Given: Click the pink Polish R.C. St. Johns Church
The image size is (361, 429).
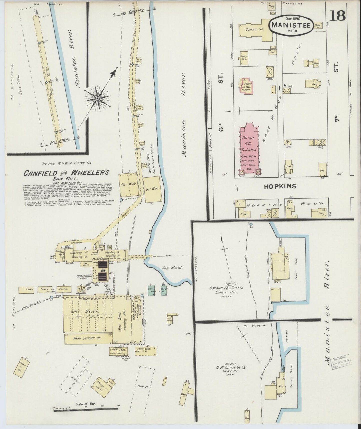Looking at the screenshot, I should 248,150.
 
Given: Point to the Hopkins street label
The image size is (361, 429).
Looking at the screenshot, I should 280,186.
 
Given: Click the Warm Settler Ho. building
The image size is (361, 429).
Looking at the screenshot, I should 87,338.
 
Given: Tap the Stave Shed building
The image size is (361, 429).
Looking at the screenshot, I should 145,351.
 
